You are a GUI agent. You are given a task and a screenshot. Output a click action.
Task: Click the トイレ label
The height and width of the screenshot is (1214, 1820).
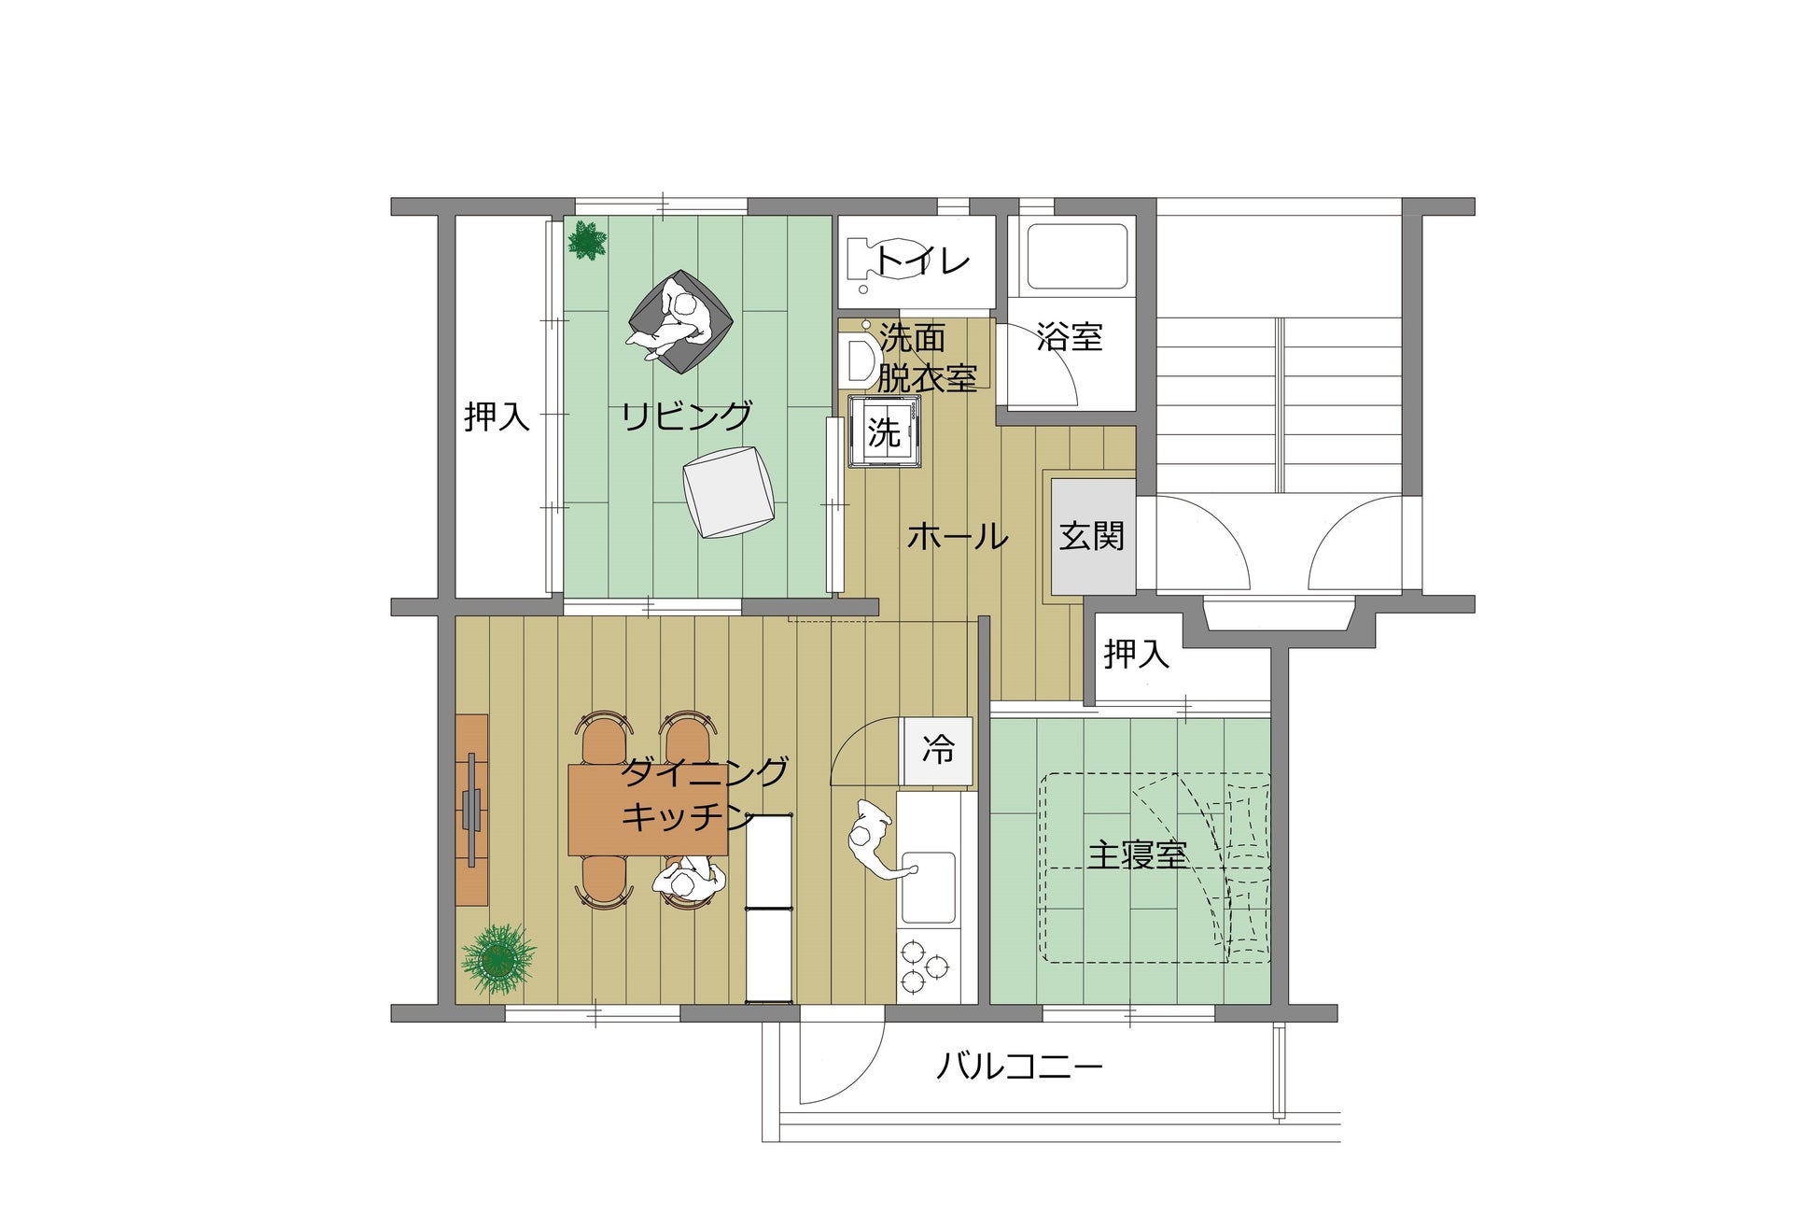point(922,261)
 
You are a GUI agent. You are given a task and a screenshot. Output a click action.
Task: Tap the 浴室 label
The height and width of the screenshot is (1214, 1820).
point(1070,336)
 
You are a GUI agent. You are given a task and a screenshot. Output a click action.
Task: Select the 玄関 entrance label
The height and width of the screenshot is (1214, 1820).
point(1092,536)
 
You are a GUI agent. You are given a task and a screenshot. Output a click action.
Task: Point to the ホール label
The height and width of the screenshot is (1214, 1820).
point(958,537)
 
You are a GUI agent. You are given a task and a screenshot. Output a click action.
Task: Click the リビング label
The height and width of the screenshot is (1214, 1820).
point(687,416)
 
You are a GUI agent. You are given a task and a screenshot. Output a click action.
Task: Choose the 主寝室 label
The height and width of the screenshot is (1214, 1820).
point(1137,854)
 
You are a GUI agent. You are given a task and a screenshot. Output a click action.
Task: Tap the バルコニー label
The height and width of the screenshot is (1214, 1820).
point(1019,1066)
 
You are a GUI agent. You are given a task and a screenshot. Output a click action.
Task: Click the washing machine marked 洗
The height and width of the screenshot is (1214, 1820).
point(885,431)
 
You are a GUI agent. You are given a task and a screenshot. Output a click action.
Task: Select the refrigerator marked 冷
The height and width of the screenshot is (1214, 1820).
point(937,750)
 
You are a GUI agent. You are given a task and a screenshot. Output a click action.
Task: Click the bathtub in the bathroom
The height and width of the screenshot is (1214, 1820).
point(1077,256)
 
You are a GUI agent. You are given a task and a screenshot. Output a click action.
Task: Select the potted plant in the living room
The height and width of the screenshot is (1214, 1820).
point(587,241)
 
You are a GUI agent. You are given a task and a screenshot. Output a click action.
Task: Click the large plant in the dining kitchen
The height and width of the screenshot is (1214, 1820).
point(498,959)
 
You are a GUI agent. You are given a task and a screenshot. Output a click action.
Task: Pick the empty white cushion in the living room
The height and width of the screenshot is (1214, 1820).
point(728,492)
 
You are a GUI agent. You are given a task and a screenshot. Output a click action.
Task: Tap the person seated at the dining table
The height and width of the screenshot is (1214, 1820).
point(689,882)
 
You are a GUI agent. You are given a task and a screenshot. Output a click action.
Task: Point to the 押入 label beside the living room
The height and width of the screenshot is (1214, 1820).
point(497,416)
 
